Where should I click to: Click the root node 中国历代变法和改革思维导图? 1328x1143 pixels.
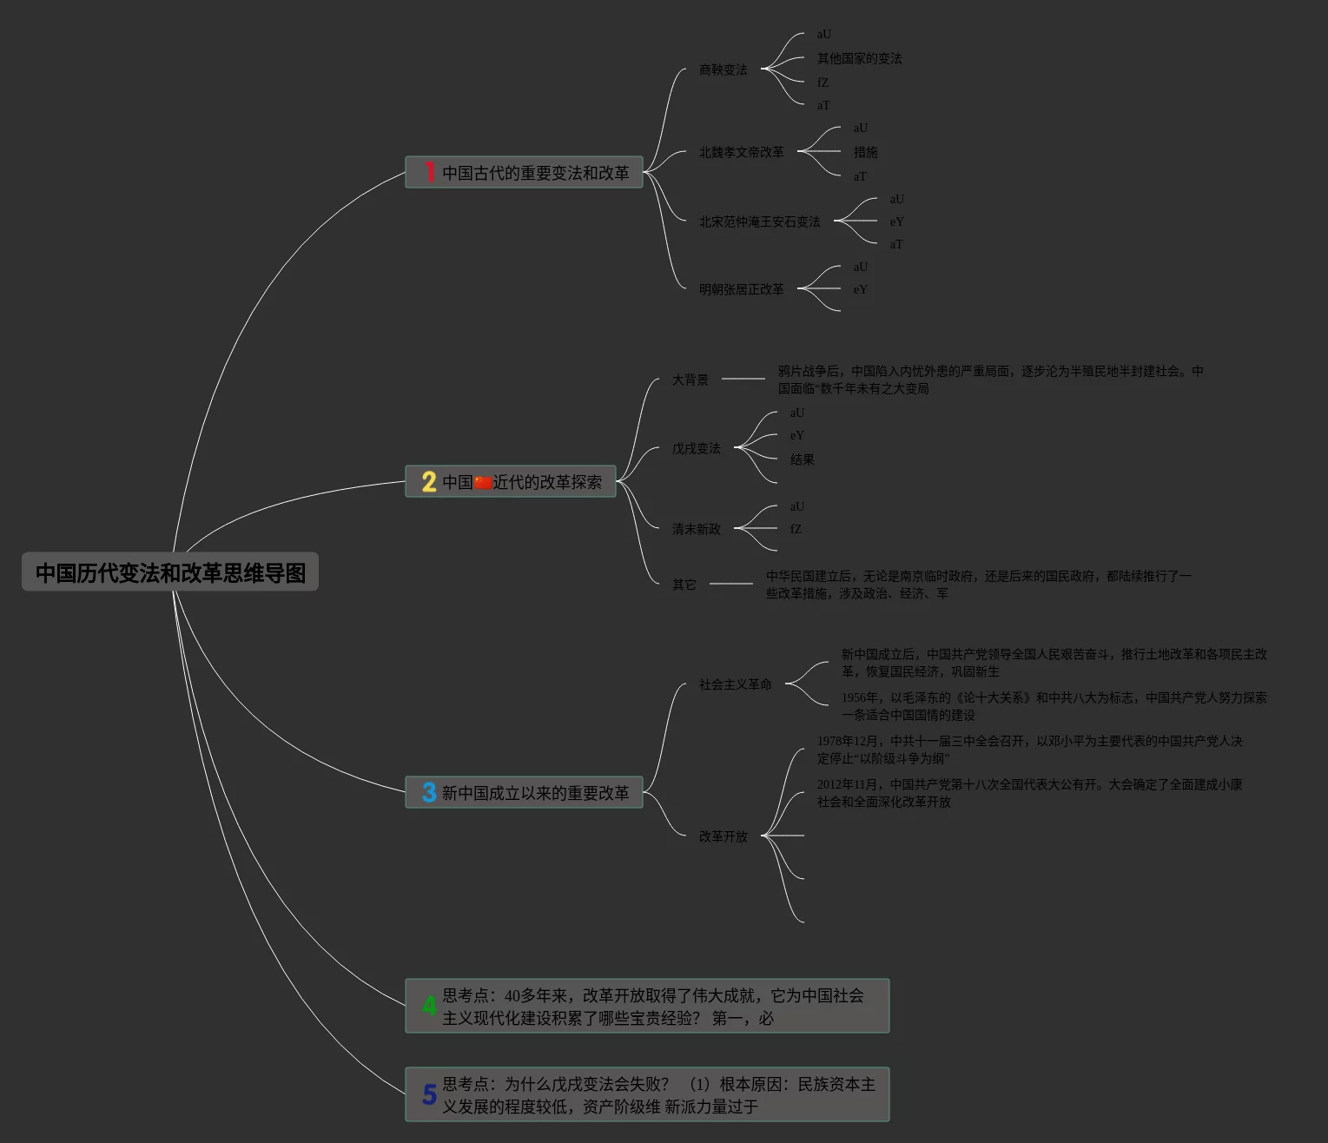(170, 572)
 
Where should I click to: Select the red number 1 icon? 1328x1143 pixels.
(429, 172)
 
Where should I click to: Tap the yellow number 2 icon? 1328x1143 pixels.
(429, 481)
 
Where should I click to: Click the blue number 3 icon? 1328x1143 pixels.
(429, 792)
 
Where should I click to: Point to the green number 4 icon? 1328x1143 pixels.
(429, 1006)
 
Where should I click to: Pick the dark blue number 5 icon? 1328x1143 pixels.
(429, 1094)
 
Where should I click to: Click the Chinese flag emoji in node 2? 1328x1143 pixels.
(483, 482)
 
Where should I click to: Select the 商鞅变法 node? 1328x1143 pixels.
(723, 69)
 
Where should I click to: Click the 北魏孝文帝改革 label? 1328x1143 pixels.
(741, 152)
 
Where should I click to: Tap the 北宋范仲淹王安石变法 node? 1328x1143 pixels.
(759, 221)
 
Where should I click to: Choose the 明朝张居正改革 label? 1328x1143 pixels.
(741, 289)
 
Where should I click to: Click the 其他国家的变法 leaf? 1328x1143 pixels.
(859, 58)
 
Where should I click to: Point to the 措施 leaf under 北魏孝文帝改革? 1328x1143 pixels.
(865, 152)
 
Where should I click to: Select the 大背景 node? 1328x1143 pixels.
(690, 380)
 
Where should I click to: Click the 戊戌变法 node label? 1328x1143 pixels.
(696, 448)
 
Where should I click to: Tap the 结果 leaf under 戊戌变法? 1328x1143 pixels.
(802, 459)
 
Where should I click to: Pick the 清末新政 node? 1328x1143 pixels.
(696, 529)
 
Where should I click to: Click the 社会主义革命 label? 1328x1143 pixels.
(735, 684)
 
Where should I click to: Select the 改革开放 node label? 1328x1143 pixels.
(723, 836)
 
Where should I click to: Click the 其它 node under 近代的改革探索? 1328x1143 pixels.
(684, 585)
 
